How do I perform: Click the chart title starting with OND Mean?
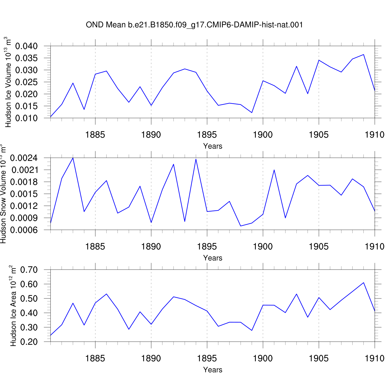coord(194,25)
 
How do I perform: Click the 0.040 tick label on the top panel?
coord(26,46)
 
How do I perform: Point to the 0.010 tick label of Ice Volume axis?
coord(26,118)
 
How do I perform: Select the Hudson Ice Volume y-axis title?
coord(8,82)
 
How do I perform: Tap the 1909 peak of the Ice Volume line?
coord(363,55)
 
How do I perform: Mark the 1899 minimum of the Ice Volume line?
coord(252,113)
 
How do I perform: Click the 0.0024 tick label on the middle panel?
coord(24,158)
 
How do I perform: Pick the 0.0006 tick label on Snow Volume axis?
coord(24,230)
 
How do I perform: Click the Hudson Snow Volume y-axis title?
coord(3,194)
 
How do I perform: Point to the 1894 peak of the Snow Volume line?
coord(196,159)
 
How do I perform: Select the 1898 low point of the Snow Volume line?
coord(241,226)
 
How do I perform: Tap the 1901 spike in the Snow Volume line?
coord(274,170)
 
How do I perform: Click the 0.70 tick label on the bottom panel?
coord(29,270)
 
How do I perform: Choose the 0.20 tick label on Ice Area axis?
coord(29,342)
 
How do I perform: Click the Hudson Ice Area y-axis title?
coord(13,306)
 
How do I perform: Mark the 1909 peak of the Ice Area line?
coord(363,282)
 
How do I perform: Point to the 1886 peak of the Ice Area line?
coord(106,294)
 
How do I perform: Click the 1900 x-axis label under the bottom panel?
coord(263,358)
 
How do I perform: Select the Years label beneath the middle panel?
coord(213,258)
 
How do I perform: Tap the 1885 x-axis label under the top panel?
coord(95,135)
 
